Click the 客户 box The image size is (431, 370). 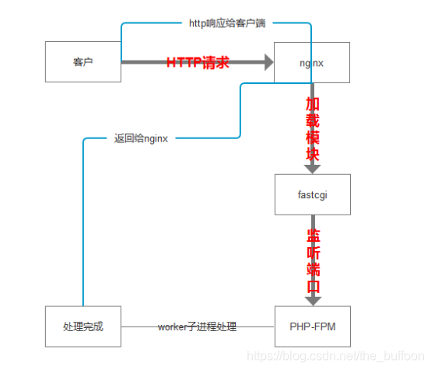[x=82, y=61]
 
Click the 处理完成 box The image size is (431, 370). [x=82, y=326]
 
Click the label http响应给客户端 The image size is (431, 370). [x=227, y=23]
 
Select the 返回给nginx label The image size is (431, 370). [x=142, y=139]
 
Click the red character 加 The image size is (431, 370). [x=312, y=103]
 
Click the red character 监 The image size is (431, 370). [x=312, y=235]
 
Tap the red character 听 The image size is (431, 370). [x=312, y=252]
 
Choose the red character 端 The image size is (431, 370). [x=312, y=269]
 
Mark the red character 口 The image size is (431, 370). [x=312, y=285]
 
